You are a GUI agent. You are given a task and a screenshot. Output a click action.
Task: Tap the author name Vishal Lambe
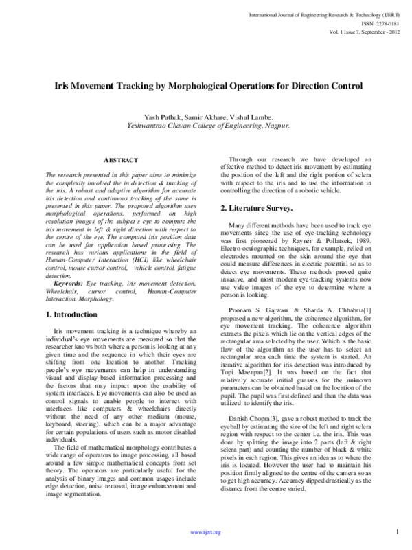(253, 118)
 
